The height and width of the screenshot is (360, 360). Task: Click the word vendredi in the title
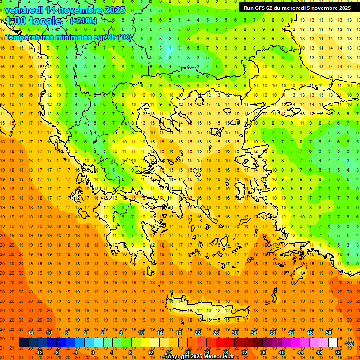24,10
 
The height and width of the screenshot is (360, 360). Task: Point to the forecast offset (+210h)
83,21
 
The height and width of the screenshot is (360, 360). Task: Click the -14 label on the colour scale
30,333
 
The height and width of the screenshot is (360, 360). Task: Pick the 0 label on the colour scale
93,352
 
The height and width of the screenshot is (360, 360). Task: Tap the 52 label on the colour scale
337,352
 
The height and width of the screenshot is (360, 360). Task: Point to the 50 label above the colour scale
328,333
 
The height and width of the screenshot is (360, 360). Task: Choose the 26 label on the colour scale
216,333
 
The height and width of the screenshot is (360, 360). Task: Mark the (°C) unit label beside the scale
349,343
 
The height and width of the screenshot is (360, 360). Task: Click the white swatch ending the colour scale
333,343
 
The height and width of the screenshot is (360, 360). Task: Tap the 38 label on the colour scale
272,333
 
